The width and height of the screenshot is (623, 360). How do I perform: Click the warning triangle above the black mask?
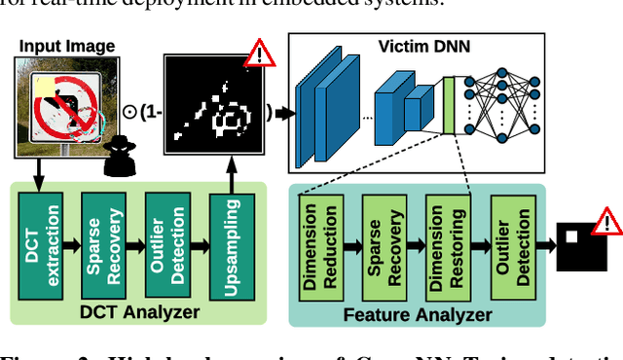(x=260, y=53)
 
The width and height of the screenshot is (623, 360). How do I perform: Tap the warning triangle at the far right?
(x=606, y=224)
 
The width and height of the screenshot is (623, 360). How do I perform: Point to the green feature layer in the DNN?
(x=449, y=104)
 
